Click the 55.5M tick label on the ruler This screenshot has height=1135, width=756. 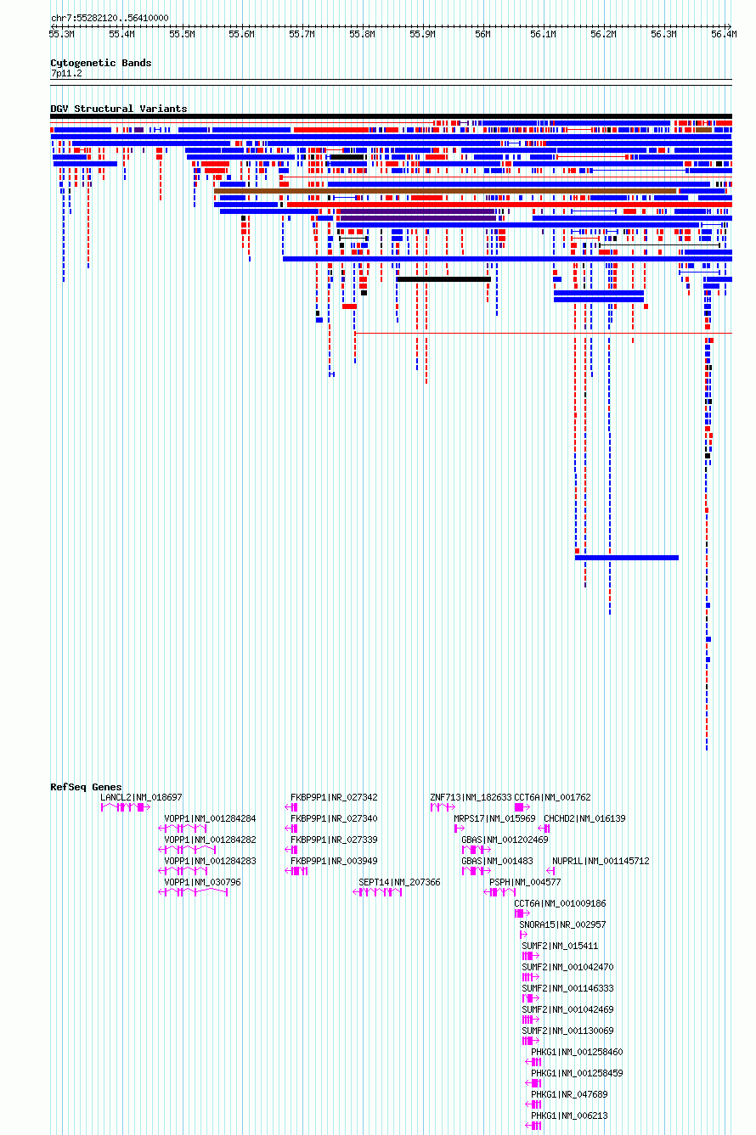[x=182, y=35]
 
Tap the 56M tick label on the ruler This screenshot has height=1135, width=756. [x=482, y=35]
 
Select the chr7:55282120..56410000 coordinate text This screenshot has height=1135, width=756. [x=110, y=18]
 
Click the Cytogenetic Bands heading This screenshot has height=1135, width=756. [x=101, y=63]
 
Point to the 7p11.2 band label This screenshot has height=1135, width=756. [x=66, y=74]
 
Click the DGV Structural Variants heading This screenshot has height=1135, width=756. [x=119, y=109]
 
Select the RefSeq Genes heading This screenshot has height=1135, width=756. [x=86, y=787]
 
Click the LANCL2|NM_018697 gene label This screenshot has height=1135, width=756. [x=141, y=797]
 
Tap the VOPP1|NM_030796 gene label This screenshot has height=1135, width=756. [x=202, y=882]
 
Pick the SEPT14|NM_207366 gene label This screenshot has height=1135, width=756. [x=399, y=882]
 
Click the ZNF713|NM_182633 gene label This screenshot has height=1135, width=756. [x=471, y=797]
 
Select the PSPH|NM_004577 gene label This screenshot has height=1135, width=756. [x=525, y=882]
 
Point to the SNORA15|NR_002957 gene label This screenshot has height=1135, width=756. [x=562, y=924]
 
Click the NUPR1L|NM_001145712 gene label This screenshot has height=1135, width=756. [x=601, y=861]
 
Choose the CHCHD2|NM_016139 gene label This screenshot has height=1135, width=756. [x=584, y=819]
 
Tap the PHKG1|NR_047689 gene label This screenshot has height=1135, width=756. [x=569, y=1094]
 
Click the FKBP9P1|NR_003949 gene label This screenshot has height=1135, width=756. [x=334, y=861]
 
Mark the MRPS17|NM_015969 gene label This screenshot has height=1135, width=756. [x=494, y=819]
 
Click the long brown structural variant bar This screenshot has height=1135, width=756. [x=445, y=191]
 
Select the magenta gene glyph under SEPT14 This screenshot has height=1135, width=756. [x=377, y=892]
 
